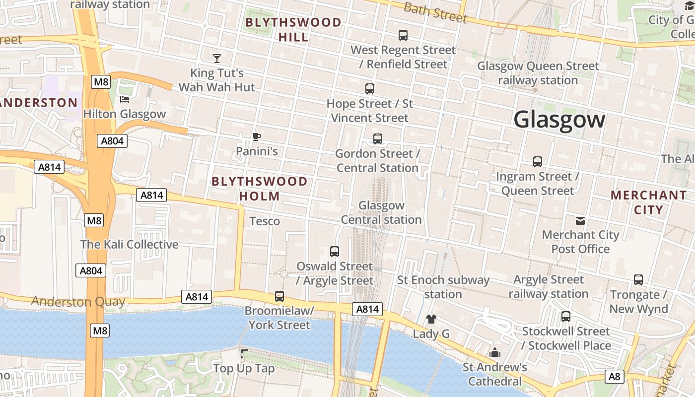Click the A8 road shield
[615, 377]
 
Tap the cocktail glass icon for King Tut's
[217, 58]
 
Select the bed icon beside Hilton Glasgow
[125, 99]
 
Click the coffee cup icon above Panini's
[257, 136]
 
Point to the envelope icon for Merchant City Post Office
[580, 220]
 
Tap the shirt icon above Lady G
[431, 319]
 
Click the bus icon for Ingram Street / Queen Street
[538, 161]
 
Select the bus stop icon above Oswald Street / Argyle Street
[335, 252]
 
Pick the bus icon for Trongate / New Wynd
[638, 280]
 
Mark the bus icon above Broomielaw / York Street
[279, 296]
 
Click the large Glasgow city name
[559, 120]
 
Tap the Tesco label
[265, 221]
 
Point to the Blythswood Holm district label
[260, 189]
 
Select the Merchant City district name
[648, 202]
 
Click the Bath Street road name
[435, 13]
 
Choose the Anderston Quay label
[78, 301]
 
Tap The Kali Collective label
[129, 244]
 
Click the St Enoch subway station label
[443, 287]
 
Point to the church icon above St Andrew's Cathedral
[495, 353]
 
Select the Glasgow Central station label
[381, 212]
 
